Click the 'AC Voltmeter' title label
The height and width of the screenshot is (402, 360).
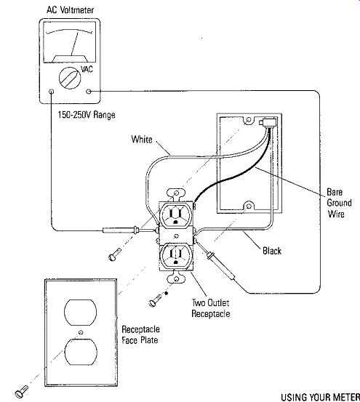click(x=70, y=10)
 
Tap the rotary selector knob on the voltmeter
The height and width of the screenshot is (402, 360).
click(x=70, y=78)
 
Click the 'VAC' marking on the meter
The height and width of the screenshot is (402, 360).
click(x=87, y=69)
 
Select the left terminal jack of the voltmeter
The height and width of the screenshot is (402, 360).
click(x=52, y=92)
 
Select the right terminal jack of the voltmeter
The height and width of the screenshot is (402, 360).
click(x=89, y=92)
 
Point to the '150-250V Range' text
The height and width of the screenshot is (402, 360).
click(x=87, y=115)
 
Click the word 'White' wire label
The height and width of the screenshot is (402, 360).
click(x=142, y=140)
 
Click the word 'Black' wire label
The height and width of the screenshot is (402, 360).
click(x=272, y=251)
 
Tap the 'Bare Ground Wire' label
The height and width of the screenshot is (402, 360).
click(x=339, y=203)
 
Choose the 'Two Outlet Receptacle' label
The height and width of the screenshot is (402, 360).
click(x=210, y=308)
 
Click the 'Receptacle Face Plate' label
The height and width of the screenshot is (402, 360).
click(x=140, y=334)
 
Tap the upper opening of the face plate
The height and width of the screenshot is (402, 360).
click(x=81, y=313)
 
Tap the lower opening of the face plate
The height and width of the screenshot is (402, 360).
click(x=81, y=352)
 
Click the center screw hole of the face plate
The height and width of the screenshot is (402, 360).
click(x=81, y=332)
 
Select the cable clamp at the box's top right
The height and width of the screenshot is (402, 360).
click(x=268, y=123)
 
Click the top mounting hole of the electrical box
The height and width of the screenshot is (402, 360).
click(x=249, y=120)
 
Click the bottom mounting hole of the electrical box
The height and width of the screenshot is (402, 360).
click(x=248, y=206)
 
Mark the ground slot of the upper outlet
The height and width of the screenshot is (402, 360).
click(x=175, y=222)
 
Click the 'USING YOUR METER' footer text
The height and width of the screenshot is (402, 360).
click(x=321, y=397)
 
